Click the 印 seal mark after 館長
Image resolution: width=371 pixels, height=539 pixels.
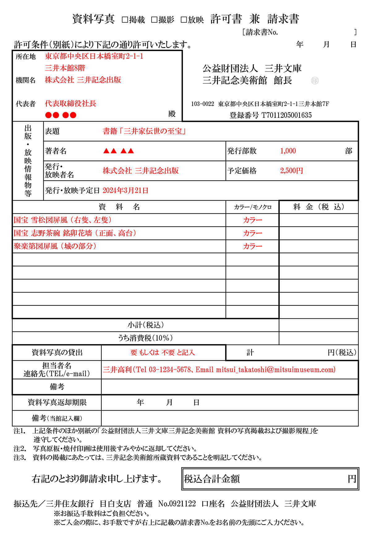point(315,81)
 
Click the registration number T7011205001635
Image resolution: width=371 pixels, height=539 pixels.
point(286,115)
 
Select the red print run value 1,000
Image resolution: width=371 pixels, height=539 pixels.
point(288,151)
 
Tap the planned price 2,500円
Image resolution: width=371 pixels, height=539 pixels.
point(291,171)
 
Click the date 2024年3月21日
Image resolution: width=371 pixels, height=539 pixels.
point(125,191)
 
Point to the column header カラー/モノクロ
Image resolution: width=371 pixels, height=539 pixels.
point(253,207)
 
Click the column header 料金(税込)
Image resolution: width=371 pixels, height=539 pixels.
point(318,207)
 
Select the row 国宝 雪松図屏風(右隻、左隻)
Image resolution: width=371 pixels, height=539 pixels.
point(62,220)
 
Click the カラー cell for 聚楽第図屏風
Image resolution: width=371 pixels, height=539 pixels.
point(253,246)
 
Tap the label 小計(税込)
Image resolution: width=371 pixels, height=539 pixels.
point(146,325)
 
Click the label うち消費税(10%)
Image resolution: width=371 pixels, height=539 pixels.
point(145,338)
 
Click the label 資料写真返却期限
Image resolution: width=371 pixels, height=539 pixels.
point(57,402)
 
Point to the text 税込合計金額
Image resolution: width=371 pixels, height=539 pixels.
point(212,479)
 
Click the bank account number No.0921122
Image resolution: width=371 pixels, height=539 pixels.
point(177,504)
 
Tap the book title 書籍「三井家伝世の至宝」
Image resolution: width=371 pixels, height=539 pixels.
point(144,131)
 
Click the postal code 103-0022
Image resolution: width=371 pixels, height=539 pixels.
point(203,104)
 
